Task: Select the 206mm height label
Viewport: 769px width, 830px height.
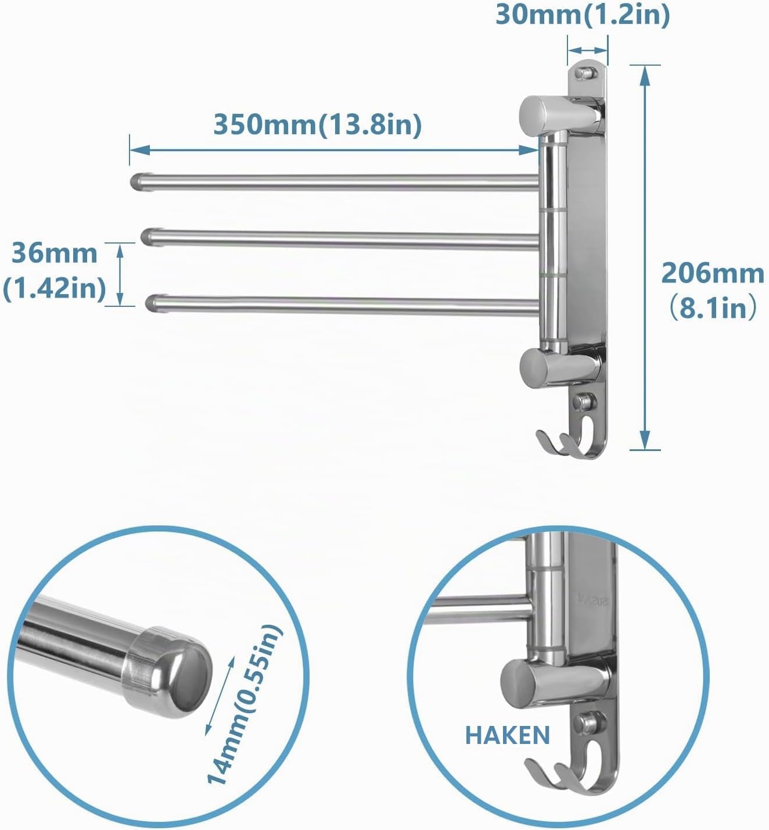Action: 713,274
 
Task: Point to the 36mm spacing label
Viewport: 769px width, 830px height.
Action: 54,253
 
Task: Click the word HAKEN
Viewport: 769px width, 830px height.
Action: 508,735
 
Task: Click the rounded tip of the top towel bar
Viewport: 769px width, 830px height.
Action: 138,181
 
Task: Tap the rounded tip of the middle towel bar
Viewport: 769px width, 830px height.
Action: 149,237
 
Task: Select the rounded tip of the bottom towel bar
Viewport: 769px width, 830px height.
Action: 153,303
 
